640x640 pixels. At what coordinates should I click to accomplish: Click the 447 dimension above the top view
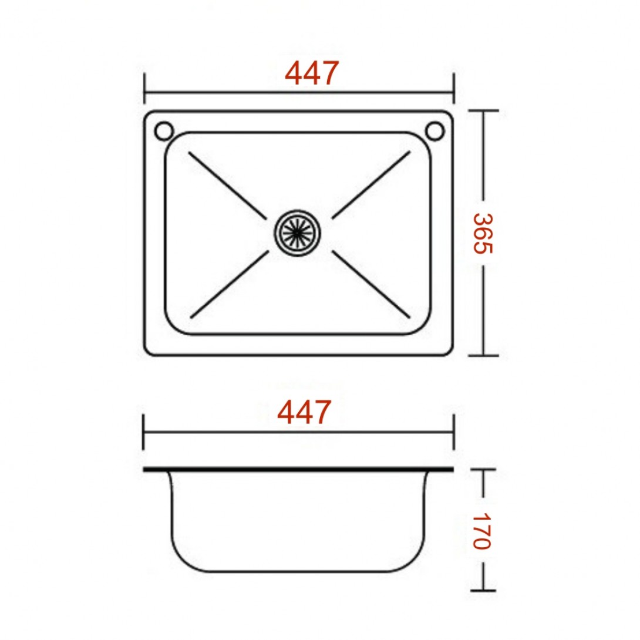(312, 73)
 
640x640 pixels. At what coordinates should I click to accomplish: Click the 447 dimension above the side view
(304, 412)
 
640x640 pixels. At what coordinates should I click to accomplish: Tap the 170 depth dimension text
(481, 531)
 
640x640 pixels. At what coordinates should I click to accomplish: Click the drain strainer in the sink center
(297, 233)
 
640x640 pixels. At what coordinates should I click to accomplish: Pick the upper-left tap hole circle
(164, 130)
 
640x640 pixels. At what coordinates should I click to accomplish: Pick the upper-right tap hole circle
(434, 130)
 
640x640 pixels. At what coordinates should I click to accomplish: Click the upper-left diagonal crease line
(227, 186)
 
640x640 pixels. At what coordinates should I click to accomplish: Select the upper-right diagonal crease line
(371, 185)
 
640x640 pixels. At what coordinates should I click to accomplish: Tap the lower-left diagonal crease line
(230, 284)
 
